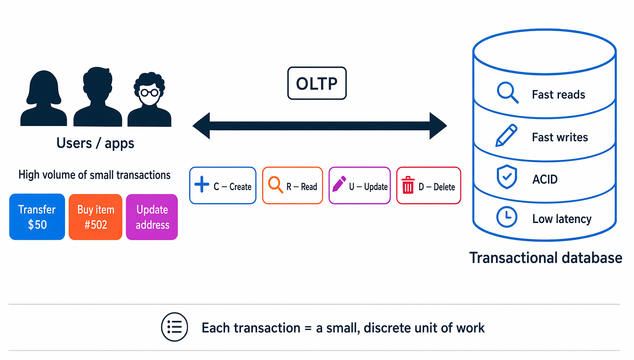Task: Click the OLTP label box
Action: point(317,83)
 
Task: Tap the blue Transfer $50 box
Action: point(37,216)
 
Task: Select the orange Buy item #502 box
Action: point(95,216)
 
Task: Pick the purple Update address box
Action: point(152,216)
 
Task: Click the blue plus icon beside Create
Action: point(202,184)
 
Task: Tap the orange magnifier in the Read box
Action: point(275,185)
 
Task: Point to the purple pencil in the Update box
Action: point(339,184)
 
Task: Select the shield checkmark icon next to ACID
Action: point(507,177)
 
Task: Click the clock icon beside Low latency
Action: point(507,217)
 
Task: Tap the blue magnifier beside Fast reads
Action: point(507,93)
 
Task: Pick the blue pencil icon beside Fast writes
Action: point(506,136)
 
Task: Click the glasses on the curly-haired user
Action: point(149,93)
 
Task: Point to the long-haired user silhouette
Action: point(43,98)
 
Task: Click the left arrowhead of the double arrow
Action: point(201,126)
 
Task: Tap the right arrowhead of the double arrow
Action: point(438,126)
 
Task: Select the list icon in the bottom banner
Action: point(174,327)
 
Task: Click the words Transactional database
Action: point(546,258)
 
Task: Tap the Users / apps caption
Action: point(95,143)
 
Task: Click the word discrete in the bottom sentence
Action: point(387,328)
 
